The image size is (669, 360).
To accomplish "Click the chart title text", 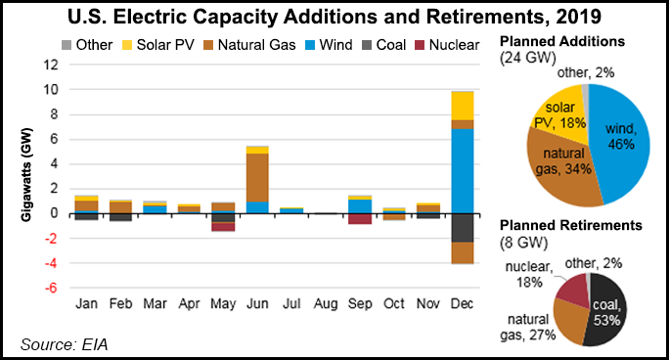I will (x=334, y=17).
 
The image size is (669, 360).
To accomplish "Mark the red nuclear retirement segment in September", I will (x=334, y=219).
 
